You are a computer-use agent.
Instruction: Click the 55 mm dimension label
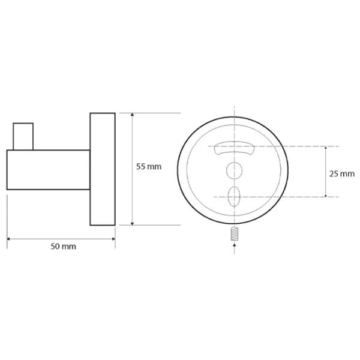(x=149, y=166)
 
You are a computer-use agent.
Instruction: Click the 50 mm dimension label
(x=64, y=247)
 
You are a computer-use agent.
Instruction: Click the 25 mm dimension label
(x=342, y=174)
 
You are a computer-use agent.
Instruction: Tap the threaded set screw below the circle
(x=234, y=233)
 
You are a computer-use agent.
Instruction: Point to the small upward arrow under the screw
(x=234, y=245)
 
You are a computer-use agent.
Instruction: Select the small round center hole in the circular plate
(x=234, y=170)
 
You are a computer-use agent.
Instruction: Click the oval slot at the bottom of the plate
(x=234, y=196)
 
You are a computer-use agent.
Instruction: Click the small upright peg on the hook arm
(x=23, y=137)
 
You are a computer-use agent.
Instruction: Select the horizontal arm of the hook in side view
(x=48, y=170)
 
